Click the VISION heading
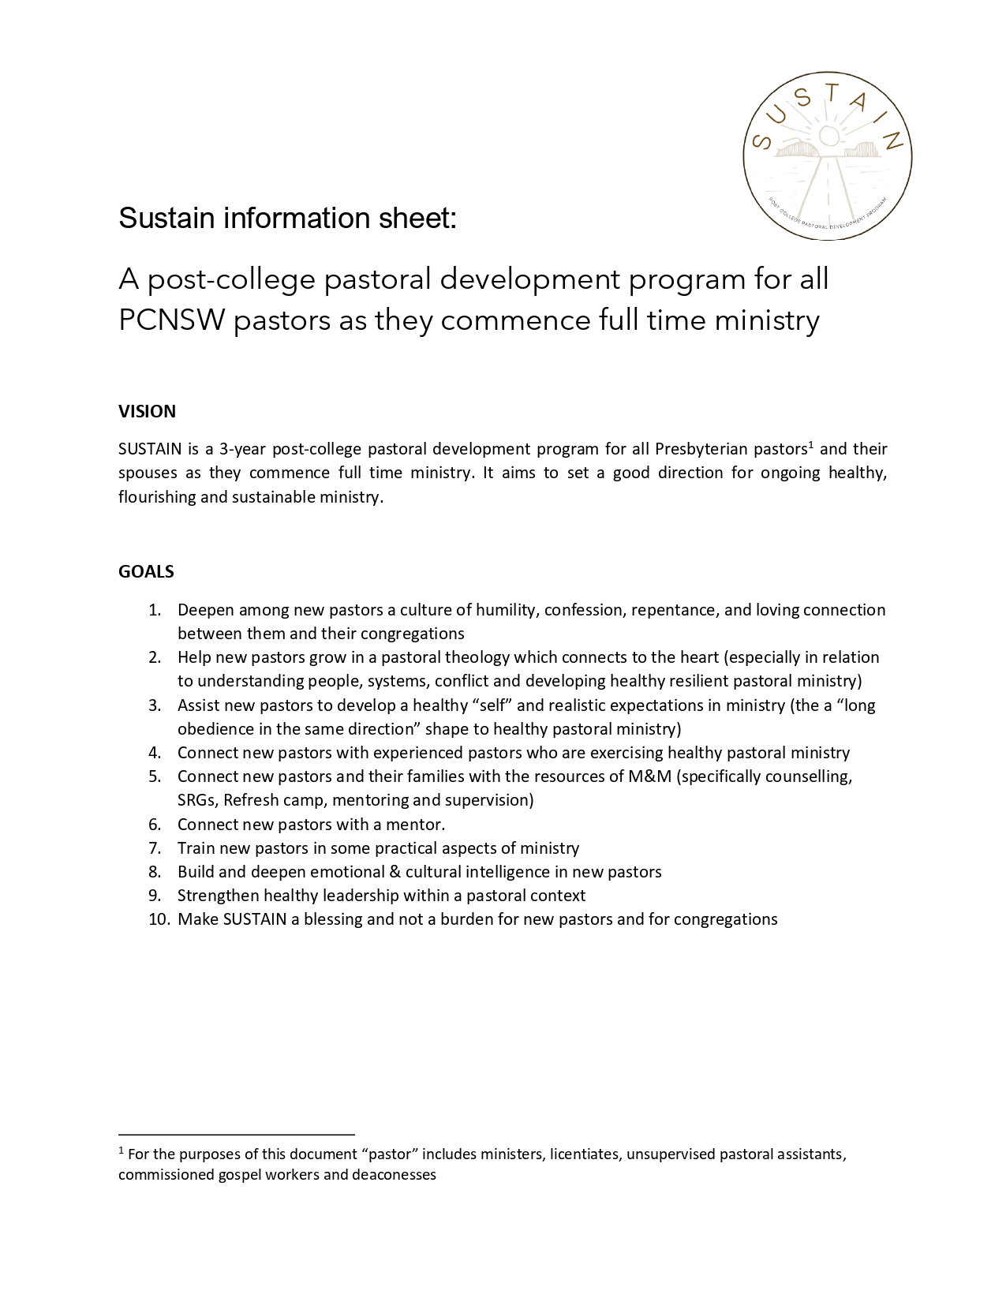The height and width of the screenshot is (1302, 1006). [147, 411]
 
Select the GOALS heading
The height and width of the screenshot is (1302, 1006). [146, 571]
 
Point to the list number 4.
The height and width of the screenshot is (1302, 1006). [155, 753]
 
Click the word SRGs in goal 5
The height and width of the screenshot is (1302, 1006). [196, 800]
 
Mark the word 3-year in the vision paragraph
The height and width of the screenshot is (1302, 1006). [242, 450]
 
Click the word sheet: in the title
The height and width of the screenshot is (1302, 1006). [423, 219]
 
